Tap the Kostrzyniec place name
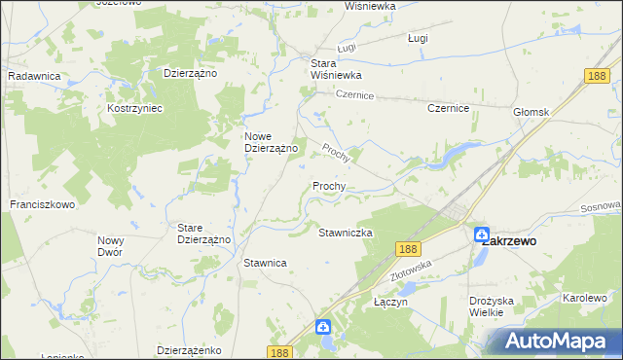[x=134, y=108]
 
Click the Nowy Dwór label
[x=110, y=245]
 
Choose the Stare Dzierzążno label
[x=202, y=234]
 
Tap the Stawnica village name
[x=265, y=263]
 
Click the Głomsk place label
[x=531, y=112]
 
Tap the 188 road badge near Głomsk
[x=598, y=75]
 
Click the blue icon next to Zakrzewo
[x=482, y=234]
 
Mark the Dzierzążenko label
[x=191, y=350]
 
